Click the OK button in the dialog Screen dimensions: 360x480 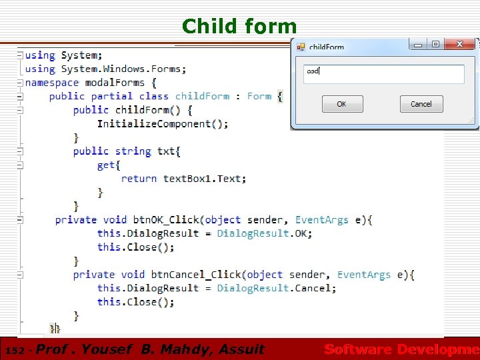341,104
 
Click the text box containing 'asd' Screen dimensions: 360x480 383,73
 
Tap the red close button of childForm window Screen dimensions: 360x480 459,45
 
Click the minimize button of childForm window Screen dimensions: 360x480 418,45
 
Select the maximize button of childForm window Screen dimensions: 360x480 435,45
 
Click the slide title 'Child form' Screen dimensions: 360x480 239,26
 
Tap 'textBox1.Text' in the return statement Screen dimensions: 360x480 205,179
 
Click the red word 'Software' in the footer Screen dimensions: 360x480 357,349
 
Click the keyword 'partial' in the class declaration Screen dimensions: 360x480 112,96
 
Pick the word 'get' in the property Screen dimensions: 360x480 106,165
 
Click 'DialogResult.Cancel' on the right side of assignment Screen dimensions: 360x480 276,288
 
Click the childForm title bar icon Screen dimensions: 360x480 301,47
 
